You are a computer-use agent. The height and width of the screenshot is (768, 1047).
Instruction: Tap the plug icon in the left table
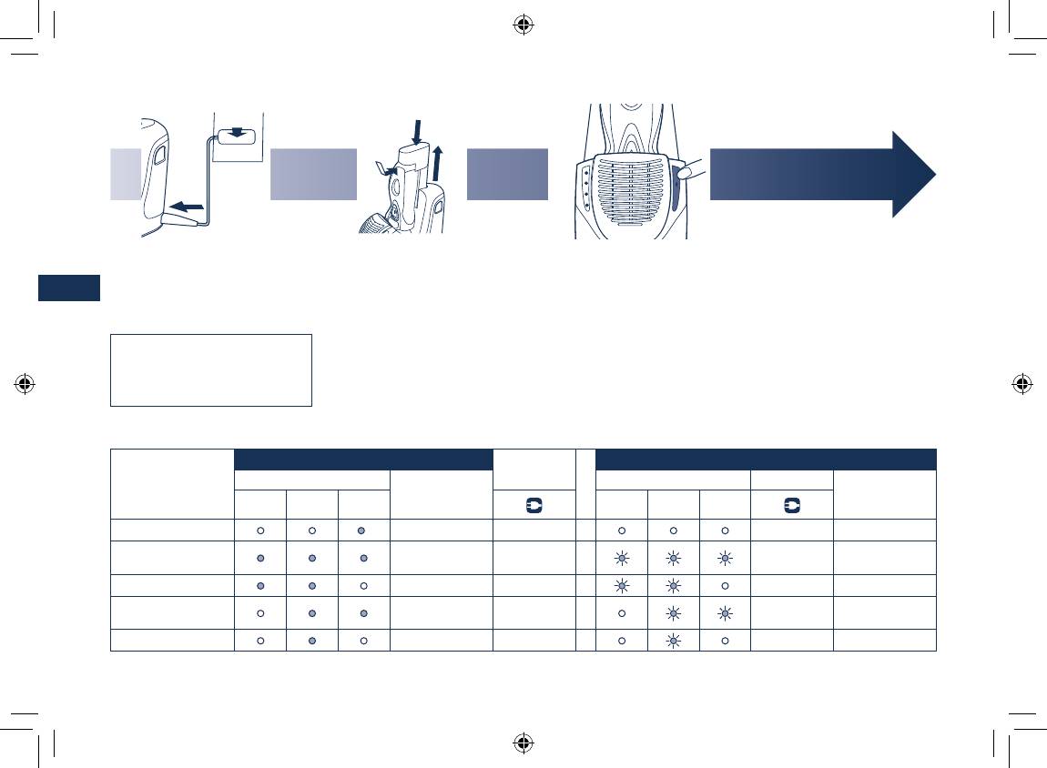[x=534, y=503]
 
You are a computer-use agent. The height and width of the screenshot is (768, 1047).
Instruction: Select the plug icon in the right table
[x=791, y=503]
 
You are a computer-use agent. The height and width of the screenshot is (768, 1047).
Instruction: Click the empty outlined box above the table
[x=210, y=369]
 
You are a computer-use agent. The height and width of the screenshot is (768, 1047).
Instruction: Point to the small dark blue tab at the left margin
[x=69, y=288]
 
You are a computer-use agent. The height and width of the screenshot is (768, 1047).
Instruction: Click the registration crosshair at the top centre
[x=523, y=25]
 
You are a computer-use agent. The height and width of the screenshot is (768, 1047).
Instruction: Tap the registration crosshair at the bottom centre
[x=523, y=743]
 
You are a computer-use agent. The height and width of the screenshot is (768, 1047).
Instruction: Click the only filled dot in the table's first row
[x=363, y=530]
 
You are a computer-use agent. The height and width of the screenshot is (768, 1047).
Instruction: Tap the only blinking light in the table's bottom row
[x=673, y=641]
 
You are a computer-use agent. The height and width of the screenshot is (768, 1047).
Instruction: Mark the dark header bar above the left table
[x=363, y=459]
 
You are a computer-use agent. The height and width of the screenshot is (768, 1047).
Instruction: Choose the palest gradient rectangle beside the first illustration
[x=126, y=174]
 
